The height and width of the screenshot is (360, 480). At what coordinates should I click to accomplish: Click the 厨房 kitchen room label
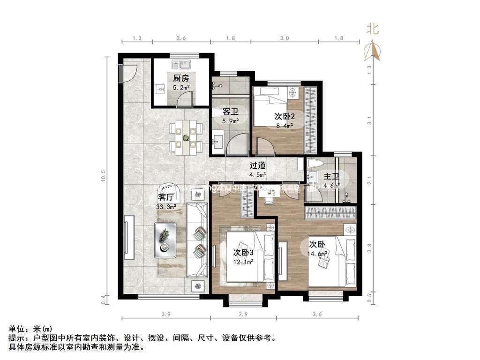(181, 78)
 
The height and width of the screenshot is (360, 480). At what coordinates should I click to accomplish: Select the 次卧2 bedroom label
(283, 116)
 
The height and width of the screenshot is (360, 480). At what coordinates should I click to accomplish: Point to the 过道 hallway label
(257, 165)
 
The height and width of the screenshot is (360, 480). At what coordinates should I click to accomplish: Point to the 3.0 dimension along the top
(284, 37)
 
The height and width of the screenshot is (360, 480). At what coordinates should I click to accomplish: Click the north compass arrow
(373, 50)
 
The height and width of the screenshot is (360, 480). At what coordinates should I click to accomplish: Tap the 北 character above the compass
(373, 30)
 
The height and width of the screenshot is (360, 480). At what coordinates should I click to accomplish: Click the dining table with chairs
(186, 136)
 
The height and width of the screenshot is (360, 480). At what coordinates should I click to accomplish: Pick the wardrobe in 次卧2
(310, 120)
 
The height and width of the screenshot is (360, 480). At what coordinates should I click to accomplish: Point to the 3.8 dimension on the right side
(370, 247)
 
